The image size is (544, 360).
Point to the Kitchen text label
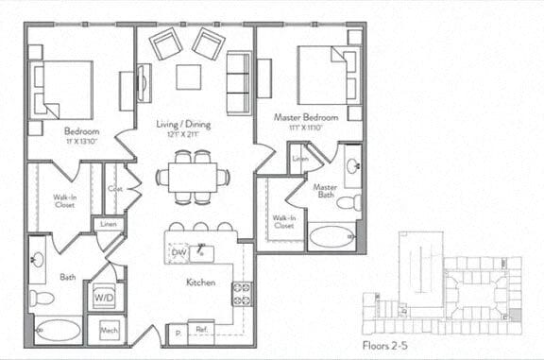[x=200, y=283]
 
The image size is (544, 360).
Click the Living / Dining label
[x=184, y=124]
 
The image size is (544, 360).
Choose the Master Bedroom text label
[x=307, y=117]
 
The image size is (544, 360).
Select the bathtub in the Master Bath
[x=332, y=234]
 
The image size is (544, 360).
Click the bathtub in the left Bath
[x=59, y=331]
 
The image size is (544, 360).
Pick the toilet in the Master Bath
[x=348, y=202]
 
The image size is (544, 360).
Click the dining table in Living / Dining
[x=194, y=177]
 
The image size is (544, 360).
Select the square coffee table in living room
[x=189, y=77]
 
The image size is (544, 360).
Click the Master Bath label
[x=326, y=192]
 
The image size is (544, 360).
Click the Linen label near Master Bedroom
[x=300, y=159]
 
